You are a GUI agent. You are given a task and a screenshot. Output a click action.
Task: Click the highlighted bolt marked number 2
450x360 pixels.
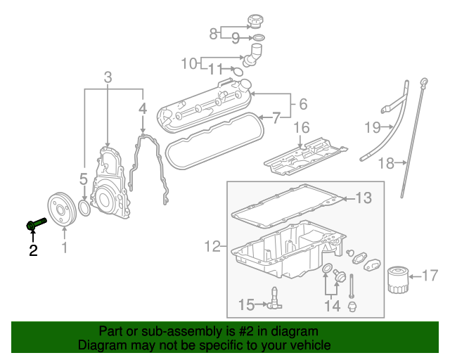tap(35, 224)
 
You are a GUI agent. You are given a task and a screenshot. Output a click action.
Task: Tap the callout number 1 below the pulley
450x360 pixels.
tap(64, 248)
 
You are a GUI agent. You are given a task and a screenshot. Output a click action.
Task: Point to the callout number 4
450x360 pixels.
tap(142, 109)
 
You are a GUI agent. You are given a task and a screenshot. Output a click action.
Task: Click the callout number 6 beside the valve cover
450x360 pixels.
tap(302, 104)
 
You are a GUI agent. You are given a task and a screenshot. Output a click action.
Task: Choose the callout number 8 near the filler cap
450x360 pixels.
tap(213, 32)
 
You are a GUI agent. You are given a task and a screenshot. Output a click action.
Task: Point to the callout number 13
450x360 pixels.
tap(362, 198)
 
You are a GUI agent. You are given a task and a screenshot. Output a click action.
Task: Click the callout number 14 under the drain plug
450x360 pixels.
tap(331, 306)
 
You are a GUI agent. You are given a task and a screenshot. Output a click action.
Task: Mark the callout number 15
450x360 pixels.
tap(247, 304)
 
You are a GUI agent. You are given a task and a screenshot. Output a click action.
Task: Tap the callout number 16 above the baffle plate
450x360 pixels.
tap(301, 127)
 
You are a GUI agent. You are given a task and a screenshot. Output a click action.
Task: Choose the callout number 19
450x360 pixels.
tap(372, 127)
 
